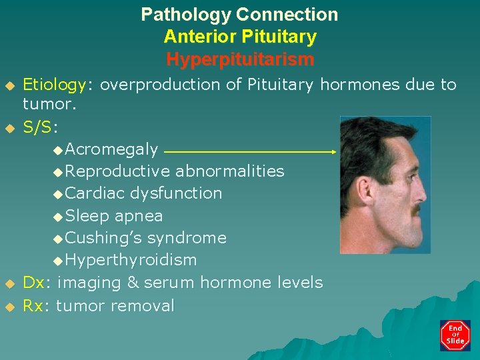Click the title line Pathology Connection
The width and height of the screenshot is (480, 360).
pos(239,14)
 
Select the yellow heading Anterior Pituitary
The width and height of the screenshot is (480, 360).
pos(239,37)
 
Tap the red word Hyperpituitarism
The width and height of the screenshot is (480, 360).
pos(239,59)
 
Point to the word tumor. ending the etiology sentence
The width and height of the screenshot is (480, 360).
pos(50,104)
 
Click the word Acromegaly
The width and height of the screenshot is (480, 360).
pos(112,149)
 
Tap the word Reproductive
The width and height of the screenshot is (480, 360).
pos(118,171)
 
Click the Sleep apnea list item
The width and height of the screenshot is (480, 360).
pos(115,216)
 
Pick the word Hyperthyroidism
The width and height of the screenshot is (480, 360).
pos(131,260)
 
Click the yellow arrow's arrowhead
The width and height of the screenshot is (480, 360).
pos(333,152)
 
